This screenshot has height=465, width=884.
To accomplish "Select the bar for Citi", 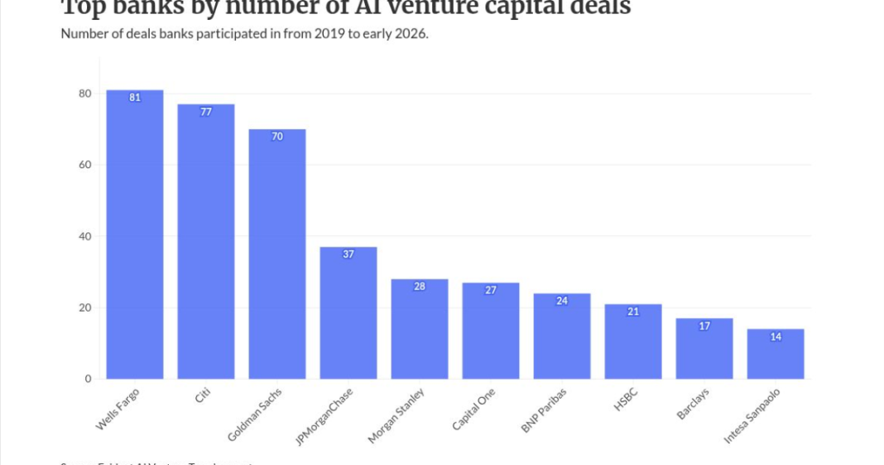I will click(x=206, y=241).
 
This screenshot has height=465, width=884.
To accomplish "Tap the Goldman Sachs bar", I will click(x=277, y=254).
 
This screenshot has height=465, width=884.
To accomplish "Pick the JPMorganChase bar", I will click(x=348, y=312).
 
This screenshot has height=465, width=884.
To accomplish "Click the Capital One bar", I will click(x=491, y=331).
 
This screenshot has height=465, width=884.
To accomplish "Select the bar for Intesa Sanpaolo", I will click(x=776, y=354).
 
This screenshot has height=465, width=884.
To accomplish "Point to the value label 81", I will click(x=135, y=98).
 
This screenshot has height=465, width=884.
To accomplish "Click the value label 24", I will click(x=562, y=301).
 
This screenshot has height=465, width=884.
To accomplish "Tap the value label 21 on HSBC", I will click(x=633, y=312).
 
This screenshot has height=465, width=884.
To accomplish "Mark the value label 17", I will click(x=704, y=326).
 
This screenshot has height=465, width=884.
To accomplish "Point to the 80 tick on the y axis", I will click(x=84, y=94).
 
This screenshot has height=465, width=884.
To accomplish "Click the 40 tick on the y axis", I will click(x=84, y=236).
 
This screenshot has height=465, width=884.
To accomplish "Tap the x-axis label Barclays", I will click(x=693, y=403).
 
